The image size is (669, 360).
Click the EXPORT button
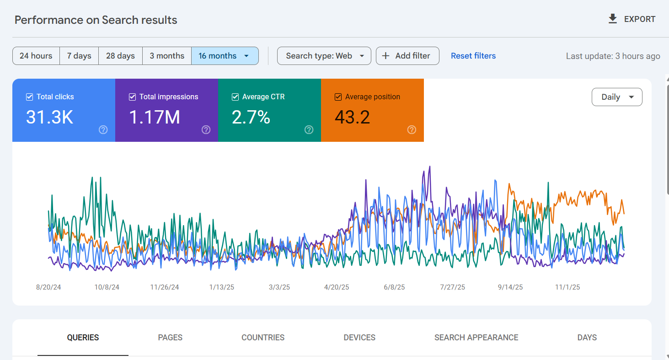pos(632,19)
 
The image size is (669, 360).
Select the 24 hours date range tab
pos(36,56)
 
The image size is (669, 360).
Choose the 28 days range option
pos(120,56)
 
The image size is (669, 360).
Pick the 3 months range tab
pos(167,56)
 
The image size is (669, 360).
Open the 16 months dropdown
pos(225,56)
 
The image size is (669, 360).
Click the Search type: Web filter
pos(324,56)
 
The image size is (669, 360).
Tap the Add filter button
pos(407,56)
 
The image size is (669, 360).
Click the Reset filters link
pos(473,56)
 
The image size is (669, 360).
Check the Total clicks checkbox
pos(30,97)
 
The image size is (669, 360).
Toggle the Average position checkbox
pos(338,97)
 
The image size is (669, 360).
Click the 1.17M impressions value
pos(154,118)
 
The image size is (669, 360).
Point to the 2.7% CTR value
pos(251,118)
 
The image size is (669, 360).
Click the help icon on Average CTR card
pos(309,130)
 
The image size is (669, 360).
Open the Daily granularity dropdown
pos(616,97)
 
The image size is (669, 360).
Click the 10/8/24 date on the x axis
pos(107,287)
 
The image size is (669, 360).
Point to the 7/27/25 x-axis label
pos(452,287)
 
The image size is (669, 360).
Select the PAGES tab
pos(170,338)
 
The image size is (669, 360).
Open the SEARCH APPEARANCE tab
pos(476,338)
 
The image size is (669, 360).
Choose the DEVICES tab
pos(359,338)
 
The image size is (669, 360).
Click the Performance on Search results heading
pos(96,20)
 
